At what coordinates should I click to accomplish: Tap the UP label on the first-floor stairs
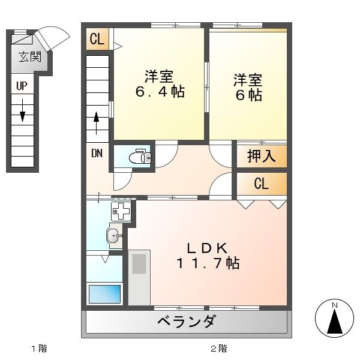point(22,86)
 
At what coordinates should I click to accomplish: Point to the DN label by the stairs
point(97,152)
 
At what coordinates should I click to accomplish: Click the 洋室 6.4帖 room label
point(159,85)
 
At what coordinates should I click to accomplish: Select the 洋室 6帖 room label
point(248,87)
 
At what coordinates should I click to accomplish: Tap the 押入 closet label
point(261,156)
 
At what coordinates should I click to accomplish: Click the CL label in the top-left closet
point(97,40)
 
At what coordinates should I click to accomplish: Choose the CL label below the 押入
point(261,184)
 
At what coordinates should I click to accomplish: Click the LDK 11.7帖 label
point(208,255)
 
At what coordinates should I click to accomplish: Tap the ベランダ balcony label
point(187,322)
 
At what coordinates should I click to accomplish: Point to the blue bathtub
point(105,294)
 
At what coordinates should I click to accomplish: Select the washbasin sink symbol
point(113,236)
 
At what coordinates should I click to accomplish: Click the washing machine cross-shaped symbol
point(120,212)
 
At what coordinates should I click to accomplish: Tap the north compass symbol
point(335,317)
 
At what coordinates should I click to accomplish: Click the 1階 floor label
point(38,347)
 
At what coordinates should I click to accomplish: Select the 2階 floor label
point(218,347)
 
